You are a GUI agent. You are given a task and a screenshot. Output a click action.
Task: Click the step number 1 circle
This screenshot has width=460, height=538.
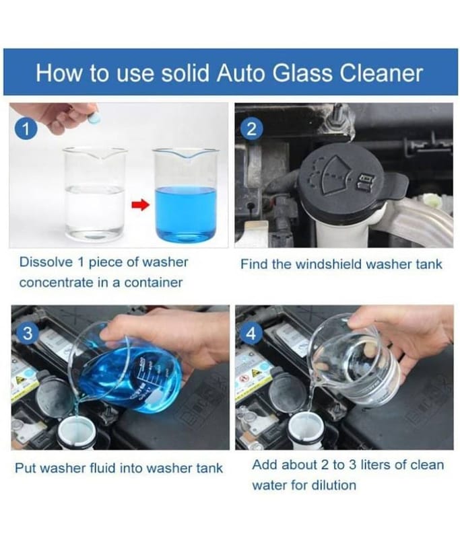click(26, 128)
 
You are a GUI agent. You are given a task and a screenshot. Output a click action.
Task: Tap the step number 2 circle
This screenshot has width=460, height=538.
click(251, 129)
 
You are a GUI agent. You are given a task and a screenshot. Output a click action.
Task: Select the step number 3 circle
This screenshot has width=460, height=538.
click(27, 333)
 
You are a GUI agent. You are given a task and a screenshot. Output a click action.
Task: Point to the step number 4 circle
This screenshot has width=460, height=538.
click(251, 333)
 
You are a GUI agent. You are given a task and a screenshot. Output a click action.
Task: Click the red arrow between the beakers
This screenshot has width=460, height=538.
click(141, 206)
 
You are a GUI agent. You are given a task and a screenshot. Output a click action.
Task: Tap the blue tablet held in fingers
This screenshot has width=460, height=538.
click(93, 117)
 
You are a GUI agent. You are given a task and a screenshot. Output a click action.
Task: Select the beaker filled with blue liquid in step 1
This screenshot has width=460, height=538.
click(186, 194)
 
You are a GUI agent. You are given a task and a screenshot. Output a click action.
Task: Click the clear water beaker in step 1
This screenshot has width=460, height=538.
click(95, 193)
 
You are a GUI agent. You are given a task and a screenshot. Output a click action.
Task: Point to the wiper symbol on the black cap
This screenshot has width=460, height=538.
click(337, 176)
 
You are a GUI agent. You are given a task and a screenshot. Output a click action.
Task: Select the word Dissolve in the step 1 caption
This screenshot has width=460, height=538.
click(46, 262)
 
